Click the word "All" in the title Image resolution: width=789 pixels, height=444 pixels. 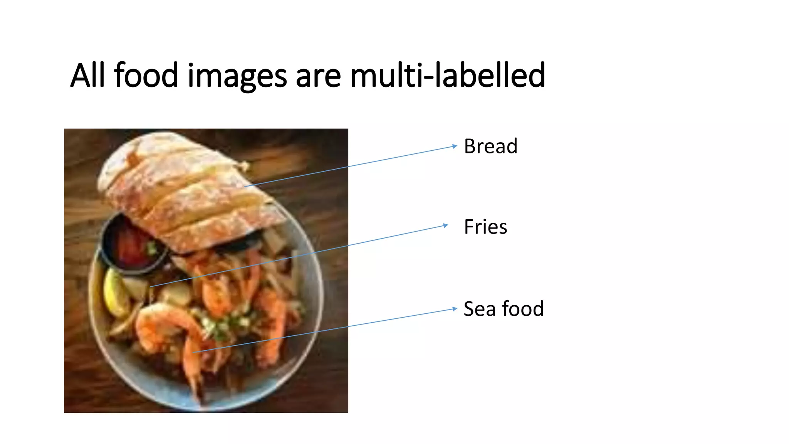(x=87, y=75)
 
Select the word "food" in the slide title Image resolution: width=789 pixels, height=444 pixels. (x=146, y=75)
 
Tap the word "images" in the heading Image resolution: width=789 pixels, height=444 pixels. (x=237, y=76)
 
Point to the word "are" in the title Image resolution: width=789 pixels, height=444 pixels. (x=318, y=76)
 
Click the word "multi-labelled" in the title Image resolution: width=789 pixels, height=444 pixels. (x=447, y=75)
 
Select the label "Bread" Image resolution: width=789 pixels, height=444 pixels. (x=490, y=146)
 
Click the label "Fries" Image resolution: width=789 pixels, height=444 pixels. (x=485, y=227)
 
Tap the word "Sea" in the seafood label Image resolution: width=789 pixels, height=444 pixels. (x=479, y=309)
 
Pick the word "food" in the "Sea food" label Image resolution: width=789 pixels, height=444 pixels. (x=523, y=309)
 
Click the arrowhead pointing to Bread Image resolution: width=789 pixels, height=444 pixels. (x=455, y=146)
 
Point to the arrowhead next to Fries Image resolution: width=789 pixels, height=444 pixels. (x=446, y=225)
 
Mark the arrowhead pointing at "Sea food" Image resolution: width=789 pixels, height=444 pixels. (x=455, y=309)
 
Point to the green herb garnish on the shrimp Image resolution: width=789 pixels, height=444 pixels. (x=223, y=324)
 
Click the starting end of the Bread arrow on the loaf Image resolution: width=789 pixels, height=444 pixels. (x=245, y=187)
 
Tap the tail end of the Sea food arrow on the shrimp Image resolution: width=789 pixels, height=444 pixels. (x=194, y=352)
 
